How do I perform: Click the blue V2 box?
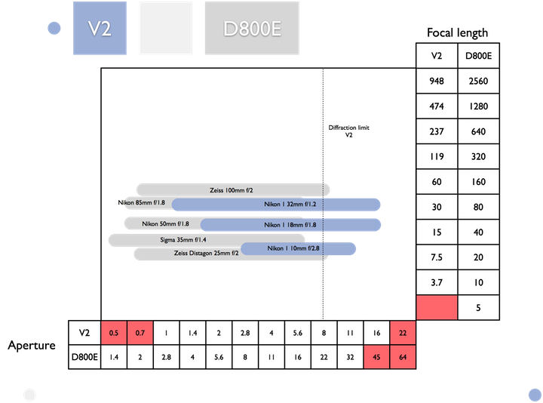coord(99,29)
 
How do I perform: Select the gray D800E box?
coord(252,29)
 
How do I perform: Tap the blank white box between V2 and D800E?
coord(165,29)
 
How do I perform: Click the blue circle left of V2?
coord(54,29)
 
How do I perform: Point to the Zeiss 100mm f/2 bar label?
coord(232,191)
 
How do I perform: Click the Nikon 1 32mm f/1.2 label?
coord(289,205)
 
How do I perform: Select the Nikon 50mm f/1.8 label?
coord(165,224)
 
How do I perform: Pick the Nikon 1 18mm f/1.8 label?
coord(290,225)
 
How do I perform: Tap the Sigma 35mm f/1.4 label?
coord(183,240)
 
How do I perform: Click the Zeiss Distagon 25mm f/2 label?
coord(206,254)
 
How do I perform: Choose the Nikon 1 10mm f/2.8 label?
coord(293,248)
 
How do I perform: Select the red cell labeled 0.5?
coord(114,332)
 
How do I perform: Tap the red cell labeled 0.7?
coord(140,332)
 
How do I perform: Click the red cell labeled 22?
coord(403,332)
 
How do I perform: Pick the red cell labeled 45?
coord(376,357)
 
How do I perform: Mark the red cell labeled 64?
coord(403,357)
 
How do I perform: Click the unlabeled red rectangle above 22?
coord(437,307)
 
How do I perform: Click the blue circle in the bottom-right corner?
coord(533,394)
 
